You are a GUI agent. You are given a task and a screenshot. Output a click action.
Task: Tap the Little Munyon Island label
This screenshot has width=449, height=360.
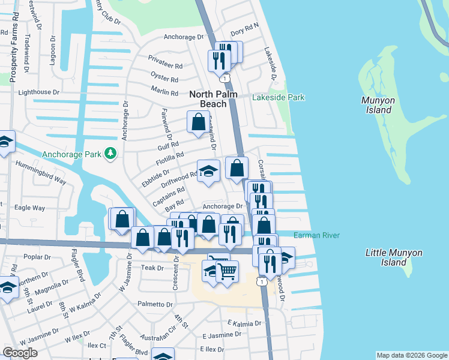coord(386,257)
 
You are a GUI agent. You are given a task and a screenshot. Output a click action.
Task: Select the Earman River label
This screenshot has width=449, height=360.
coord(317,235)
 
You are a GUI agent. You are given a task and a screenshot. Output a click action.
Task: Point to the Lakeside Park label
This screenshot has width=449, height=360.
coord(278,97)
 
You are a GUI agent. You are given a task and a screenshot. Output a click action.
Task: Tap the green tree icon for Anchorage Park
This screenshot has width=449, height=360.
coord(110,154)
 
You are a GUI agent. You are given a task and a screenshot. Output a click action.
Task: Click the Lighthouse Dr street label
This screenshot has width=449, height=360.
coord(39,92)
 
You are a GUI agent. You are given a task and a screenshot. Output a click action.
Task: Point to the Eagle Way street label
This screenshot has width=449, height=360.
coord(30,208)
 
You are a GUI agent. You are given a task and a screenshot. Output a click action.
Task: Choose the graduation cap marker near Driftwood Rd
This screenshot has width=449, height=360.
coord(208,171)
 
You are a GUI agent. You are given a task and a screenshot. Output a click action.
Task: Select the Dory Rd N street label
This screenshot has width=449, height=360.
coord(244,26)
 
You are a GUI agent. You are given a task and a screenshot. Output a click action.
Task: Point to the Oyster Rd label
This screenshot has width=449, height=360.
coord(164,79)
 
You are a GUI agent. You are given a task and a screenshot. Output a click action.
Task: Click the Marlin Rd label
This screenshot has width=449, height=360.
coord(165,93)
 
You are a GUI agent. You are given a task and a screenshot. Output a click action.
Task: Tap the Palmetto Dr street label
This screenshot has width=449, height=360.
coord(154,304)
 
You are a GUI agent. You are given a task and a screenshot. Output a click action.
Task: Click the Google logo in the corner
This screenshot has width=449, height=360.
coord(20,353)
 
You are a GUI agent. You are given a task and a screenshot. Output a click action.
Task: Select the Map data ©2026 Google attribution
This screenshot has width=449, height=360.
coord(411,355)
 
